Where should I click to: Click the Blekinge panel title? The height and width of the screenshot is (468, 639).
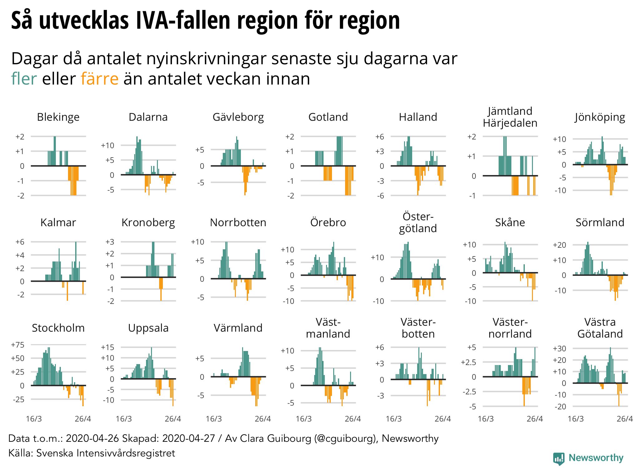pyautogui.click(x=58, y=117)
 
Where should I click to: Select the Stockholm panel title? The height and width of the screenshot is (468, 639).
pyautogui.click(x=58, y=328)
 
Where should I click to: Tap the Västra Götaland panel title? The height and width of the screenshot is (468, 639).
pyautogui.click(x=600, y=328)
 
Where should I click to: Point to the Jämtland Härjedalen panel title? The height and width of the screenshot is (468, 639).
pyautogui.click(x=510, y=117)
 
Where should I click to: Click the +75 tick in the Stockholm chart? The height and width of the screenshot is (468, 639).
pyautogui.click(x=18, y=345)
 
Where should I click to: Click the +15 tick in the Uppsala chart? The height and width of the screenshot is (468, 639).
pyautogui.click(x=108, y=347)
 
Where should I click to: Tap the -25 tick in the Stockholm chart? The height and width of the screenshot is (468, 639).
pyautogui.click(x=18, y=399)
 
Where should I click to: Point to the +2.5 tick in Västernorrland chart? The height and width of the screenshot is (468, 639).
pyautogui.click(x=469, y=362)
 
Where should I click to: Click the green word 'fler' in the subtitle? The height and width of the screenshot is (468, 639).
pyautogui.click(x=24, y=79)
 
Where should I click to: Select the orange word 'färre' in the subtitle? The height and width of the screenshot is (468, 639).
pyautogui.click(x=100, y=79)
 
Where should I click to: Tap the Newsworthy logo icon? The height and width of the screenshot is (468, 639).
pyautogui.click(x=559, y=458)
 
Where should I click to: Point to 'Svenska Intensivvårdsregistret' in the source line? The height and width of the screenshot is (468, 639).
pyautogui.click(x=105, y=453)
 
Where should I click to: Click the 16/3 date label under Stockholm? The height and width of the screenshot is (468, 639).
pyautogui.click(x=34, y=419)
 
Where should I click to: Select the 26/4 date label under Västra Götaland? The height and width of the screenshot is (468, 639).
pyautogui.click(x=625, y=419)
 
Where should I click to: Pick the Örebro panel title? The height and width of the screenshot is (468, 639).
pyautogui.click(x=328, y=222)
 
